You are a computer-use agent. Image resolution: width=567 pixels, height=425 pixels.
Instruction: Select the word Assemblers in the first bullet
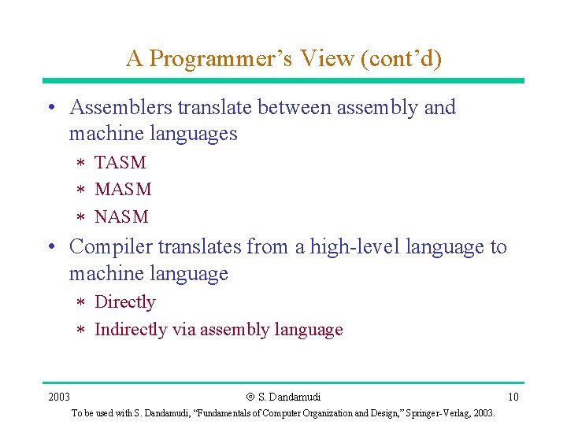pyautogui.click(x=121, y=107)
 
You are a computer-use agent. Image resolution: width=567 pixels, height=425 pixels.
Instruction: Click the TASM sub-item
pyautogui.click(x=120, y=163)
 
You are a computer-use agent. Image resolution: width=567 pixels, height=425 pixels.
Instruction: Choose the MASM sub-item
pyautogui.click(x=123, y=190)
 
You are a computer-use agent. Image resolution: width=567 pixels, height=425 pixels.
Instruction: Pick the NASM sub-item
pyautogui.click(x=121, y=216)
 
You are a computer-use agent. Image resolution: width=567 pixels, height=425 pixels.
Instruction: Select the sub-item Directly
pyautogui.click(x=125, y=302)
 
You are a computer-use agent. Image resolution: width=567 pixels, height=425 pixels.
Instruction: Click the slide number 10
pyautogui.click(x=513, y=397)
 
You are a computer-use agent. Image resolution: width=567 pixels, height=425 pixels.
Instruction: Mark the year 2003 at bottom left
pyautogui.click(x=59, y=397)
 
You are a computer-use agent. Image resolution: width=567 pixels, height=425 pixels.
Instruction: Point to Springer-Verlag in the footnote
pyautogui.click(x=433, y=413)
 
